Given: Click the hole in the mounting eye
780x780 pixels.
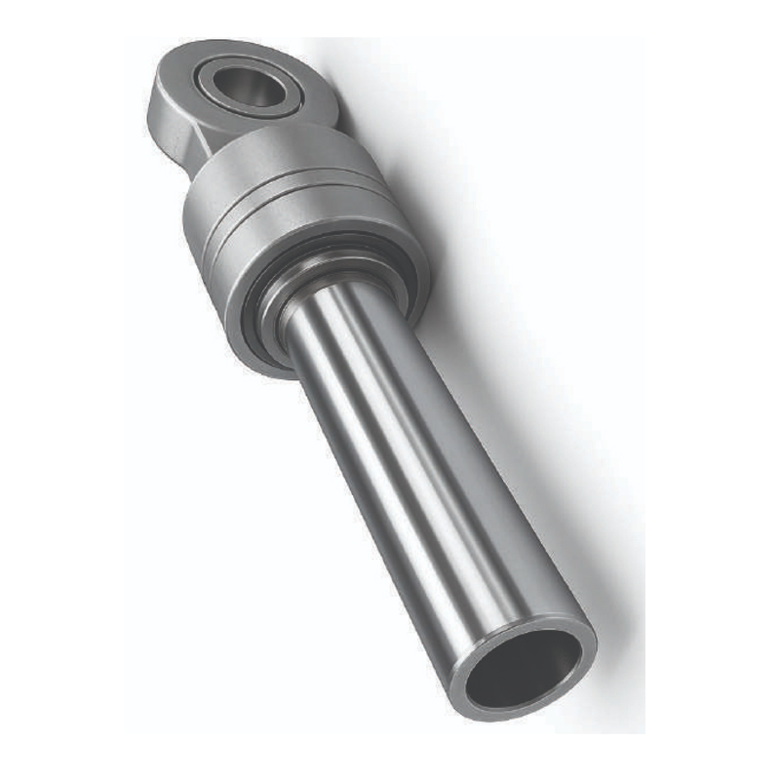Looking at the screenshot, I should pos(248,87).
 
